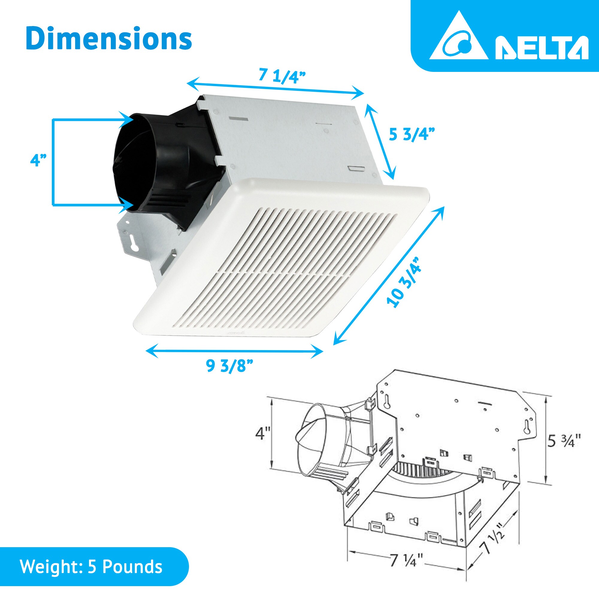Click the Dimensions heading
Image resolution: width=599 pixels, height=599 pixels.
coord(109,39)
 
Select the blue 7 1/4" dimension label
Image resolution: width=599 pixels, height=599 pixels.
coord(282,76)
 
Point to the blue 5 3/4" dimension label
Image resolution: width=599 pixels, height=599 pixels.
coord(412,134)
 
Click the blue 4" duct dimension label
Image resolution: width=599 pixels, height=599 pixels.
coord(38,161)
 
